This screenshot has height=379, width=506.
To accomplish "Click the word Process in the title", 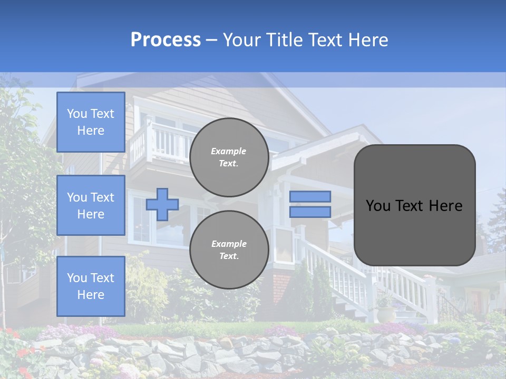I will [166, 40].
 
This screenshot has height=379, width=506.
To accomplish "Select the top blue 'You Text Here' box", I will [91, 122].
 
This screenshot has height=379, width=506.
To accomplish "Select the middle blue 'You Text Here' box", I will [91, 205].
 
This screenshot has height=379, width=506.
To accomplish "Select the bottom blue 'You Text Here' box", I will [91, 286].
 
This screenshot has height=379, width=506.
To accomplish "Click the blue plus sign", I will [162, 204].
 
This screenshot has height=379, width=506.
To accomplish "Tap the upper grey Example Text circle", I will [229, 157].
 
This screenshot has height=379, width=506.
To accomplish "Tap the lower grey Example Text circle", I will [229, 250].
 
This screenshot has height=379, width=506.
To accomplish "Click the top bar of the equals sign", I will [310, 196].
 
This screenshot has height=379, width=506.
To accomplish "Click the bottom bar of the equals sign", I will [310, 212].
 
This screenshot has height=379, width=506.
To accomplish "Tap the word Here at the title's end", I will [368, 40].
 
